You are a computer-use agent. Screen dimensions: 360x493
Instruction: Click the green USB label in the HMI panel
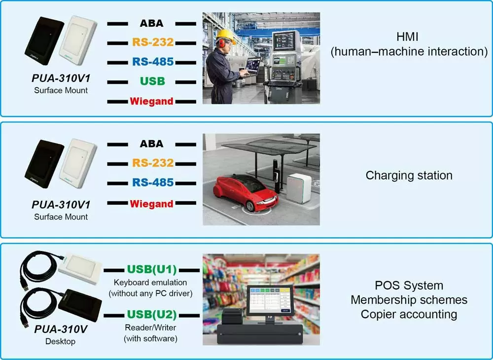click(x=152, y=81)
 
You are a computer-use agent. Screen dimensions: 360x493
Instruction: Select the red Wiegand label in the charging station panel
click(x=151, y=203)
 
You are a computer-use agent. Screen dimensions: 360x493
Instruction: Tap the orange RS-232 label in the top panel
click(x=152, y=42)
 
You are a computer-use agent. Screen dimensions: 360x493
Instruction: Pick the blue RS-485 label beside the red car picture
click(x=152, y=183)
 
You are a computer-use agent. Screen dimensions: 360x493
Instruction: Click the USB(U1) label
click(x=152, y=270)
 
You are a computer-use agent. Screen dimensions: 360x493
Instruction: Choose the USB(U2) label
click(x=152, y=314)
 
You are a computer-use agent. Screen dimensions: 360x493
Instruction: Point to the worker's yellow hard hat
click(x=225, y=34)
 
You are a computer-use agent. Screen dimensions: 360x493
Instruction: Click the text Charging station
click(x=409, y=176)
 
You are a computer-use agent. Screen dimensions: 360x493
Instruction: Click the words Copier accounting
click(x=409, y=314)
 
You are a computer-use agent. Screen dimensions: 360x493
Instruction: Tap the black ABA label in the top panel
click(x=151, y=23)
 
